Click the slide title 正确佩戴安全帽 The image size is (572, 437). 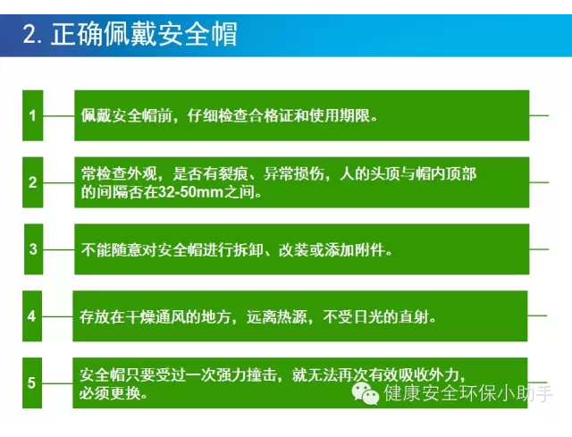144,37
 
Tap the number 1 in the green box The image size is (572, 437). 33,115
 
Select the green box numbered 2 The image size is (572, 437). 33,182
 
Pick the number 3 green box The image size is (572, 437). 33,248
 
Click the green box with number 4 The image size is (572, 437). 33,315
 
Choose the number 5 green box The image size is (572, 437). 33,382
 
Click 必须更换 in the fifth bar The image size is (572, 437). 108,391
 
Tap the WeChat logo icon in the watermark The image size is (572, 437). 365,392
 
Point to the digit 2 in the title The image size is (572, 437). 29,37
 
